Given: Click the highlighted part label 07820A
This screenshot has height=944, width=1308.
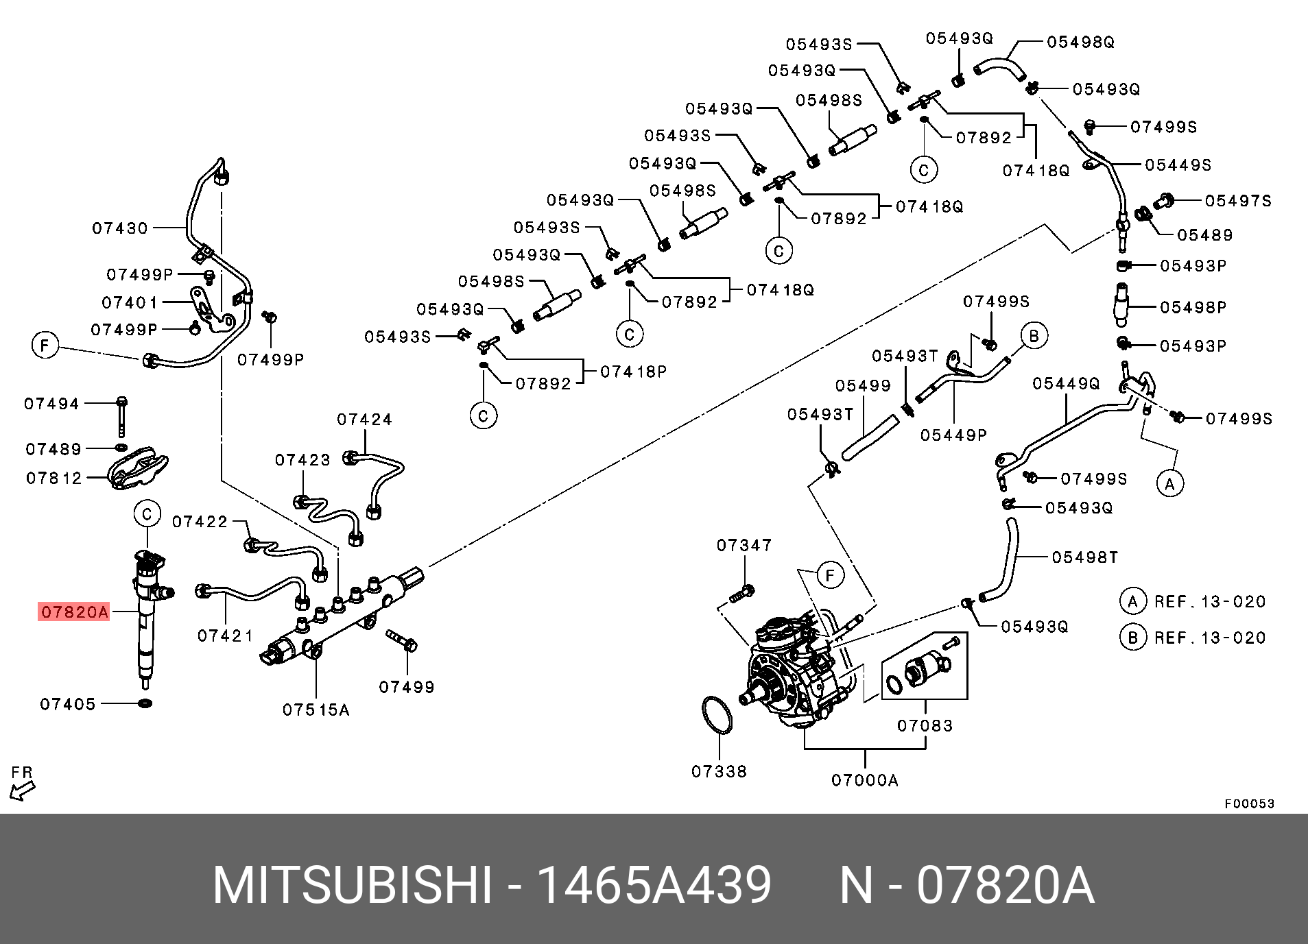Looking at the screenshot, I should click(74, 612).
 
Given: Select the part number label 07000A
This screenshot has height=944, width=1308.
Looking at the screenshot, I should click(864, 780).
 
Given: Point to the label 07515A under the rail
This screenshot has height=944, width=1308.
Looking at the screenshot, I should click(316, 710).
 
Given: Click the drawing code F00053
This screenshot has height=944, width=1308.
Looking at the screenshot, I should click(1250, 803).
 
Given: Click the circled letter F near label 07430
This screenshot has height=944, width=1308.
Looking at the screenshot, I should click(45, 345).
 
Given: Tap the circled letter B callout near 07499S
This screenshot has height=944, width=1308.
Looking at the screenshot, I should click(1034, 335).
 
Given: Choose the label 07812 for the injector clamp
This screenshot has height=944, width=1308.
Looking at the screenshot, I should click(54, 478).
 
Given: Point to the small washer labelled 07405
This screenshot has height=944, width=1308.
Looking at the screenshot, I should click(145, 703).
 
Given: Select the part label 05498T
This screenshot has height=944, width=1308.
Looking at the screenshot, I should click(1085, 557).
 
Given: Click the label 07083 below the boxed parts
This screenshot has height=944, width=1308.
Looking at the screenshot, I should click(925, 725).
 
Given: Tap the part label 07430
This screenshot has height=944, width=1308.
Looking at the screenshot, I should click(120, 228).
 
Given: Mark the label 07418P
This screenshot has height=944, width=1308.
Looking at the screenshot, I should click(633, 372).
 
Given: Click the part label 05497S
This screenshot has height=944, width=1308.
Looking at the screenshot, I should click(1238, 201).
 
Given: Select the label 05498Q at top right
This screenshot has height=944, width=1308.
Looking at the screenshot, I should click(1080, 42).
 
